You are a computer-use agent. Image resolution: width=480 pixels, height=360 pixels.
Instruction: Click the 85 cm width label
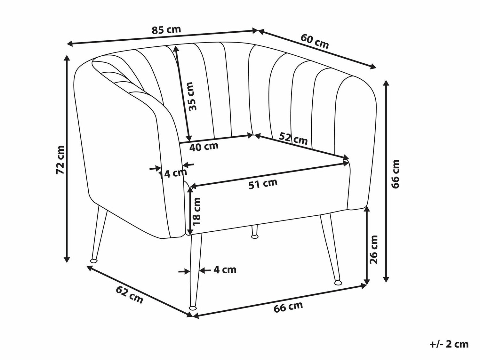166,29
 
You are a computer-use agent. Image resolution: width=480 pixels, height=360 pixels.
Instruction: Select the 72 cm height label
60,160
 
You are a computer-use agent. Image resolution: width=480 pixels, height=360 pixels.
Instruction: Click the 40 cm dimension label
204,147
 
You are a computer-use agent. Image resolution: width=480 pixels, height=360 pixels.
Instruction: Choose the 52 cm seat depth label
293,139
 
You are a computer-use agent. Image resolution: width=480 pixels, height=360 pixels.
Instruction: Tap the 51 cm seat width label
263,184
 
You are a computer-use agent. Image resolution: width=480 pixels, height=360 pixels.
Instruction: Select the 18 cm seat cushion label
196,211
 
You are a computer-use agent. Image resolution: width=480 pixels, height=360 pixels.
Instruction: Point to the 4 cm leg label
225,270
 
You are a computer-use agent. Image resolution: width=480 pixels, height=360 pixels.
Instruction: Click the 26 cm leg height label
373,249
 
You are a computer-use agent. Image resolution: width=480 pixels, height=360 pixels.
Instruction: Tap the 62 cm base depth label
130,295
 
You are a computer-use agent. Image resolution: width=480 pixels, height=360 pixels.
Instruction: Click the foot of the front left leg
193,307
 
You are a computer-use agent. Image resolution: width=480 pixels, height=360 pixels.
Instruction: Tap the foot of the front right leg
338,283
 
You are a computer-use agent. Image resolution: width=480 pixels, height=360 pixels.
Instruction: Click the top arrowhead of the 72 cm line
67,58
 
